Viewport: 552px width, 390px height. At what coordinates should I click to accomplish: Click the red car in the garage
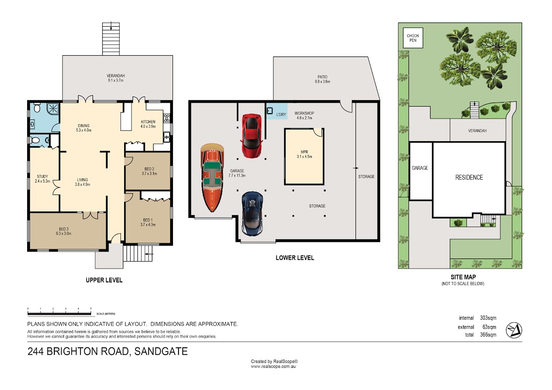251,136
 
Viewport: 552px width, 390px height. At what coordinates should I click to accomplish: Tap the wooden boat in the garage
212,178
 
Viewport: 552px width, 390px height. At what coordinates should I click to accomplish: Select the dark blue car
252,213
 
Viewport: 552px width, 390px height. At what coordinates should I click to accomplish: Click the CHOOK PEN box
413,38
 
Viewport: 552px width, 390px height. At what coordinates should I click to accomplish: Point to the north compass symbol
514,330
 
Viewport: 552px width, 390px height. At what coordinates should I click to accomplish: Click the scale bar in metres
59,314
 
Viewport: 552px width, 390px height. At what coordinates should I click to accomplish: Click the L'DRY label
281,115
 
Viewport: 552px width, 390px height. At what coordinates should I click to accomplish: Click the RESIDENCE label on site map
469,178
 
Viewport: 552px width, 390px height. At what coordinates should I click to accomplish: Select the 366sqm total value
488,335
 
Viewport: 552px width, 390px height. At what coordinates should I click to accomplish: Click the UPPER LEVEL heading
104,280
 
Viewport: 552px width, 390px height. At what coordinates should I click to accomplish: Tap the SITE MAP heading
463,277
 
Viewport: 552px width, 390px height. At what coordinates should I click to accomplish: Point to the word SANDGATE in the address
161,351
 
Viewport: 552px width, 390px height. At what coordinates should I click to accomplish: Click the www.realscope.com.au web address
273,367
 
